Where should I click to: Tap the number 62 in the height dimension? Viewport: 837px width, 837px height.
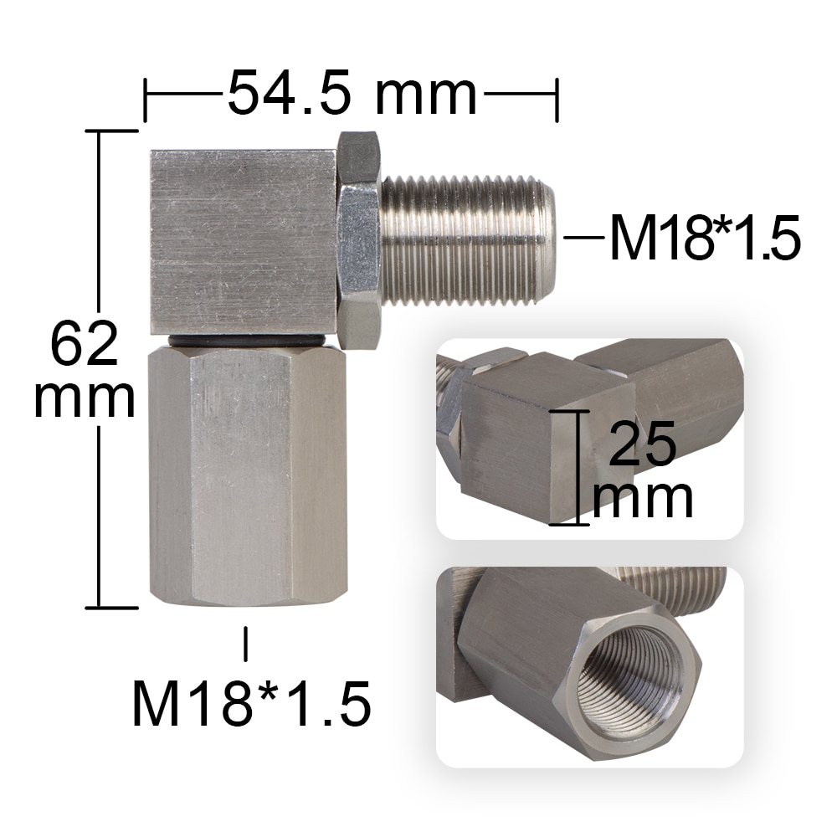coord(85,344)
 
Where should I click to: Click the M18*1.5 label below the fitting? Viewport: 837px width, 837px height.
coord(251,702)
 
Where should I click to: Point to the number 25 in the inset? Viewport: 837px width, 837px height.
coord(642,444)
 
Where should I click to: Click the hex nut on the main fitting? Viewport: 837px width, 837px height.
coord(359,239)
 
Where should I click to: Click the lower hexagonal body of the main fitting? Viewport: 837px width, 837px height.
coord(247,477)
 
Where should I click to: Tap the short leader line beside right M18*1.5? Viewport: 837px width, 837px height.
coord(583,238)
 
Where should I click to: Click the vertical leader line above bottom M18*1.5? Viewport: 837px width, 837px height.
coord(245,643)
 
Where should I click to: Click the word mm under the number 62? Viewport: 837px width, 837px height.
coord(85,398)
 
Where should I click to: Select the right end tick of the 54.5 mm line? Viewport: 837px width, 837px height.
coord(557,100)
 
